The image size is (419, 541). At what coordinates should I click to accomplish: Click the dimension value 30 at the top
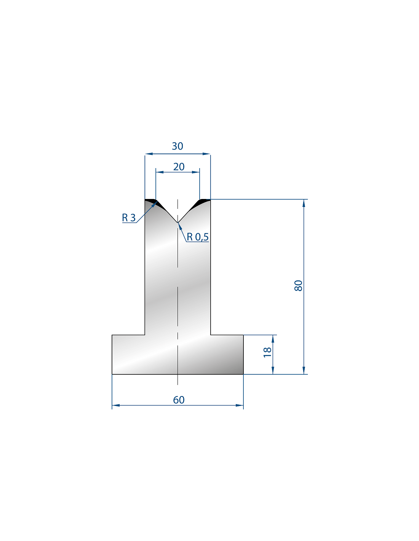178,146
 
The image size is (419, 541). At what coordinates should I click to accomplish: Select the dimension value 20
179,167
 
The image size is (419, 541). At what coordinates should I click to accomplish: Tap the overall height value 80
298,286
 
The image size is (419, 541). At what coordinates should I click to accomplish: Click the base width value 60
179,400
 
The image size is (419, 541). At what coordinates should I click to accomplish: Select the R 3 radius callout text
129,218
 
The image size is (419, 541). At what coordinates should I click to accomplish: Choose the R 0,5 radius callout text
197,237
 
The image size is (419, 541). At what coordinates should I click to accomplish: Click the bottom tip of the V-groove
178,223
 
